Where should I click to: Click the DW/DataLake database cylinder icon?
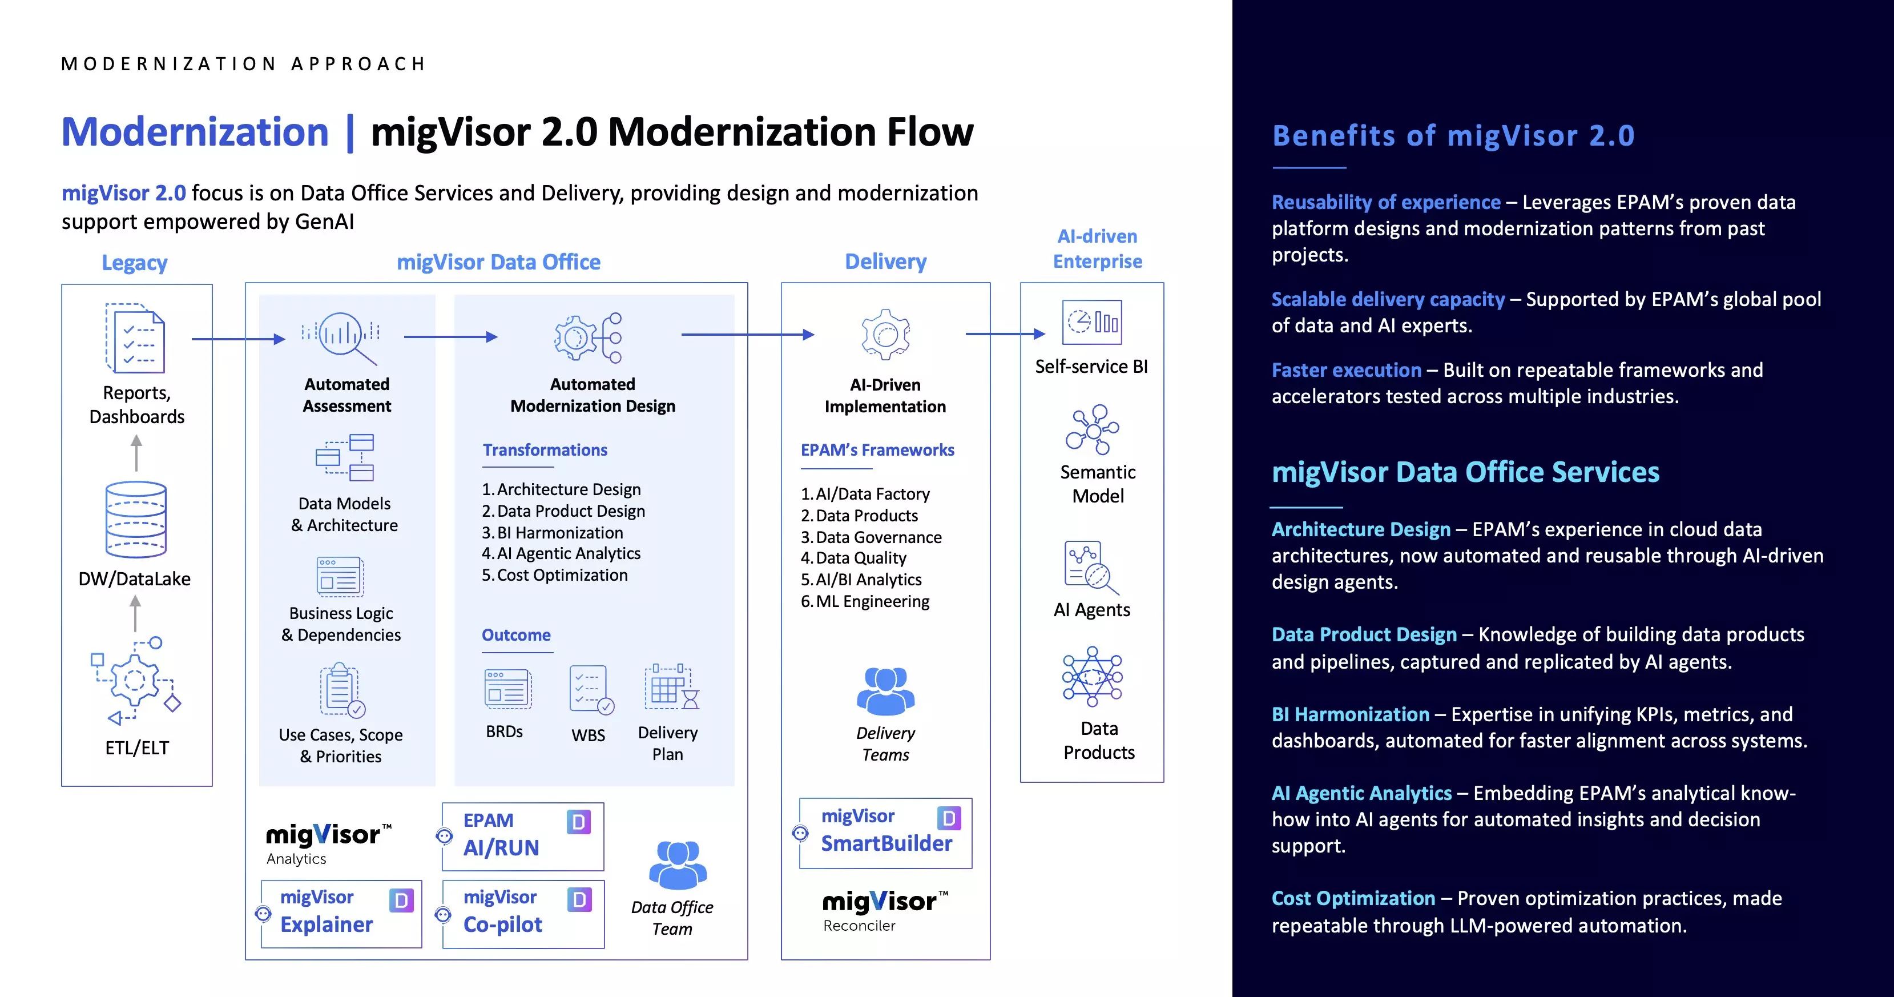pyautogui.click(x=136, y=519)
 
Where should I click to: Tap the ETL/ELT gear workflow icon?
pyautogui.click(x=136, y=680)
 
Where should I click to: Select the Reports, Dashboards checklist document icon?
pyautogui.click(x=135, y=338)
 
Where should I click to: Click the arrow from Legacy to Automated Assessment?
pyautogui.click(x=237, y=339)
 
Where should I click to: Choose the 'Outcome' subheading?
pyautogui.click(x=515, y=634)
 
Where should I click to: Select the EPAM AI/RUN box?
pyautogui.click(x=523, y=836)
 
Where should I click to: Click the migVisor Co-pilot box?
pyautogui.click(x=523, y=913)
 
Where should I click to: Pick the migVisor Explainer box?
pyautogui.click(x=342, y=913)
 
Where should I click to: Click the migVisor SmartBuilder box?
pyautogui.click(x=885, y=833)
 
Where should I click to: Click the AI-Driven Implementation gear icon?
pyautogui.click(x=885, y=335)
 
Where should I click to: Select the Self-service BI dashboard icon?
pyautogui.click(x=1091, y=322)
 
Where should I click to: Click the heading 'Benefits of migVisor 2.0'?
pyautogui.click(x=1453, y=136)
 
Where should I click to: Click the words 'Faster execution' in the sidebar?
pyautogui.click(x=1345, y=370)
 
